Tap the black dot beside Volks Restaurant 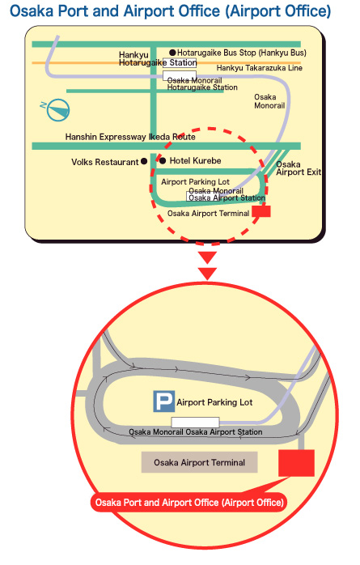[x=144, y=161]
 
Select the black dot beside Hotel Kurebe [x=163, y=161]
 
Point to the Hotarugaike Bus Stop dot [x=173, y=53]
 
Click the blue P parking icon [x=163, y=401]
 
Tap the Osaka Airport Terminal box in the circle [x=200, y=462]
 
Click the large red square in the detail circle [x=297, y=463]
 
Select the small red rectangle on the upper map [x=261, y=211]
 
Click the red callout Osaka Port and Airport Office [x=189, y=503]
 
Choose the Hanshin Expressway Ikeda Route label [x=130, y=137]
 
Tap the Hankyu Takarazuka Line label [x=259, y=68]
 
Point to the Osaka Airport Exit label [x=299, y=168]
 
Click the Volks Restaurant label [x=104, y=162]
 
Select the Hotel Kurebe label [x=195, y=161]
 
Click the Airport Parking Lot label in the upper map [x=195, y=182]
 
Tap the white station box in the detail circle [x=195, y=423]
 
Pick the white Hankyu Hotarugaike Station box [x=180, y=62]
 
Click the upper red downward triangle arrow [x=207, y=257]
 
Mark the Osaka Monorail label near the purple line [x=269, y=101]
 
